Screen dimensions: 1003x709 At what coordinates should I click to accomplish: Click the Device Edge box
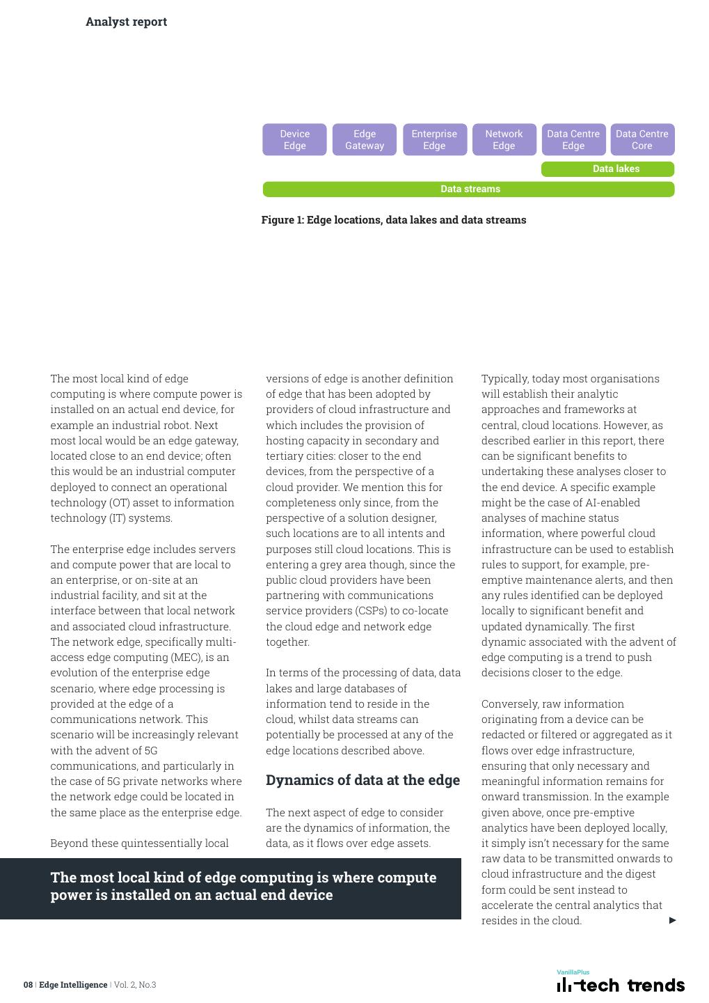point(294,139)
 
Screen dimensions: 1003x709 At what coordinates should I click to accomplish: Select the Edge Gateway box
point(365,139)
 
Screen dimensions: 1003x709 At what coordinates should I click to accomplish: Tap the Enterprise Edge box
point(434,139)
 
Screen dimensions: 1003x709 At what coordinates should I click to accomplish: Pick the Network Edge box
point(504,139)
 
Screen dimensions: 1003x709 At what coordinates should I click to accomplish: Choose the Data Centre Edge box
point(573,139)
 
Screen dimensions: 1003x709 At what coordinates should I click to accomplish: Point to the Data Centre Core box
point(642,139)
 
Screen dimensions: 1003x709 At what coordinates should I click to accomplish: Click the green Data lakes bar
point(607,169)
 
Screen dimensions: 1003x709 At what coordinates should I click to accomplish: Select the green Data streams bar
point(468,189)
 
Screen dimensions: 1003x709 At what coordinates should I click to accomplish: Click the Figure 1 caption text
point(394,220)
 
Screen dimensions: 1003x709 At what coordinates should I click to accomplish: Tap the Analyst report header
point(126,22)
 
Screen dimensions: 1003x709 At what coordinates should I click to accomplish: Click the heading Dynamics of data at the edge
point(363,780)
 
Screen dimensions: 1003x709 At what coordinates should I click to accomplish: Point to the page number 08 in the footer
point(28,985)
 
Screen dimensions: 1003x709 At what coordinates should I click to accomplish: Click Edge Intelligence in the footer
point(73,985)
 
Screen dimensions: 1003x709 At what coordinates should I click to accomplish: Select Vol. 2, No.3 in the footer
point(135,985)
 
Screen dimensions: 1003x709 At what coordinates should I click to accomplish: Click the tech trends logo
point(621,985)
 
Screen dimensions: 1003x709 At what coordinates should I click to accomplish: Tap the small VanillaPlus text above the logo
point(573,972)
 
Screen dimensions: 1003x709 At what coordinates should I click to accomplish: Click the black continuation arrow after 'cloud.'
point(673,920)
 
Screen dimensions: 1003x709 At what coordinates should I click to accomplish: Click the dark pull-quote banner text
point(243,886)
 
